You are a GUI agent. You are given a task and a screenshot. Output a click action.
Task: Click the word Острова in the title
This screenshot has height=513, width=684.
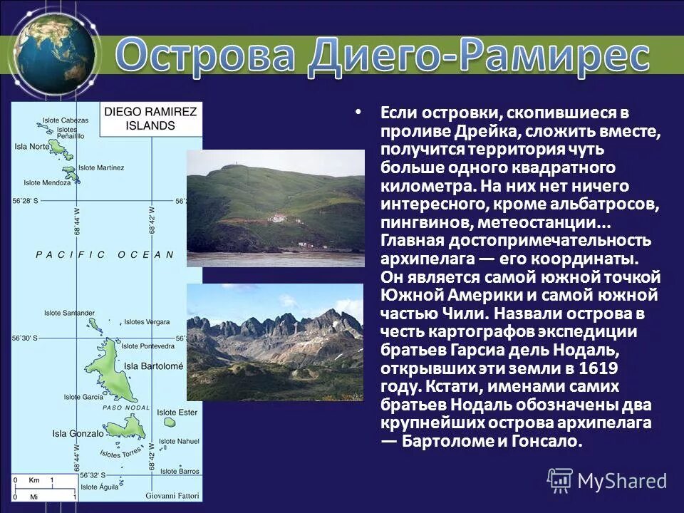click(207, 55)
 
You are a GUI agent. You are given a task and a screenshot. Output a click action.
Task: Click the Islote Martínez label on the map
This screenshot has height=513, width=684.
click(100, 167)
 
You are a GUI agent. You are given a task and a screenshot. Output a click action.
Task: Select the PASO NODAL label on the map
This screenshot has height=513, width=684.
click(126, 408)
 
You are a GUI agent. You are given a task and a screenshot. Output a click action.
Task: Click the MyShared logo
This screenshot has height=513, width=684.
click(607, 480)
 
